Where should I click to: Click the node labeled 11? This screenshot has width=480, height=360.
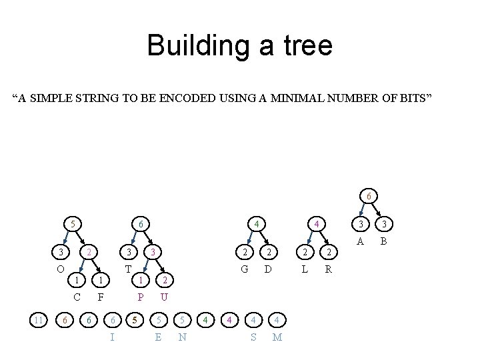(39, 320)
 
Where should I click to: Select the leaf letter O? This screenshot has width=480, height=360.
(60, 269)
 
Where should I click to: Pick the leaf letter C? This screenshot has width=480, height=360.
(77, 297)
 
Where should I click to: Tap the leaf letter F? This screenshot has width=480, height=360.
(100, 297)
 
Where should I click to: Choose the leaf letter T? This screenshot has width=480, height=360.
(128, 269)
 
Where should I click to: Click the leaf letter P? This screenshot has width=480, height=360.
(140, 297)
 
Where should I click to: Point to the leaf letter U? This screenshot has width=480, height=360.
(164, 297)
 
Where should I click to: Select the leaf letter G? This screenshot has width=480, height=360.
(245, 269)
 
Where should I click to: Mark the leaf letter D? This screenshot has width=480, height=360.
(267, 269)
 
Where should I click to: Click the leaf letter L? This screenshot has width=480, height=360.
(304, 269)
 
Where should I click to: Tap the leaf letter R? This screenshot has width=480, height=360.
(328, 269)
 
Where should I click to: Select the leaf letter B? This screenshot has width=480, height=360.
(383, 241)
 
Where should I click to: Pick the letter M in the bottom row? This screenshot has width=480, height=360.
(277, 337)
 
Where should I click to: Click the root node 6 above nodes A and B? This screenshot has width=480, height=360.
(369, 196)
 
